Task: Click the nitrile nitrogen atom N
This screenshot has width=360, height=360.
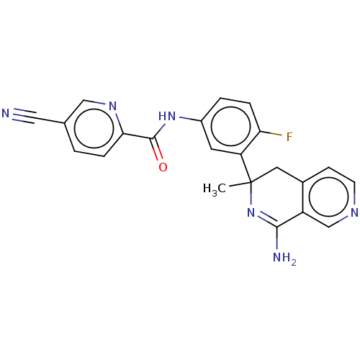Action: tap(6, 113)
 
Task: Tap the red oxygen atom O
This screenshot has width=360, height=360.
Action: tap(163, 167)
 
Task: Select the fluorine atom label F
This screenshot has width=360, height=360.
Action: tap(289, 137)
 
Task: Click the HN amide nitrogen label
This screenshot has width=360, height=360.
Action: tap(167, 117)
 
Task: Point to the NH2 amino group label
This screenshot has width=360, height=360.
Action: tap(284, 258)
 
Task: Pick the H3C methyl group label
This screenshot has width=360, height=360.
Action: tap(215, 189)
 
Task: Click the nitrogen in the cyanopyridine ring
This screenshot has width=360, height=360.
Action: tap(112, 106)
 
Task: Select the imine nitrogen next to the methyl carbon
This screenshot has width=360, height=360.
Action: tap(251, 212)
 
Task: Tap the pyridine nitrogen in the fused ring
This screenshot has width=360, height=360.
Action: tap(354, 212)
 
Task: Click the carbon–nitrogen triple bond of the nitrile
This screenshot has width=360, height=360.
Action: tap(24, 116)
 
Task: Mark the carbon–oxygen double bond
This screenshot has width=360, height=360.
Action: tap(157, 149)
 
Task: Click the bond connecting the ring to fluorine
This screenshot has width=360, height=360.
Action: tap(271, 133)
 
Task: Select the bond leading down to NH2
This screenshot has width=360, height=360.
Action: tap(277, 238)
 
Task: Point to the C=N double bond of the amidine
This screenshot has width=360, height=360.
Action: tap(267, 219)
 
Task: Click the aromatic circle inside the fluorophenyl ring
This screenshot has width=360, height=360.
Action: tap(231, 126)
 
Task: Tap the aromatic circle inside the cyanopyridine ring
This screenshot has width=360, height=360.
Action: tap(94, 128)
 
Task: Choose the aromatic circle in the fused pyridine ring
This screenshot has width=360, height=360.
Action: tap(328, 197)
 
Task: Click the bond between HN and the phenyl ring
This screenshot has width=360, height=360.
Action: tap(190, 119)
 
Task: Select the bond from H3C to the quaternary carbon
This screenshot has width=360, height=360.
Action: tap(240, 184)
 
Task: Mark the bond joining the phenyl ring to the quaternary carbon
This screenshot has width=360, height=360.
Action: tap(246, 168)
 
